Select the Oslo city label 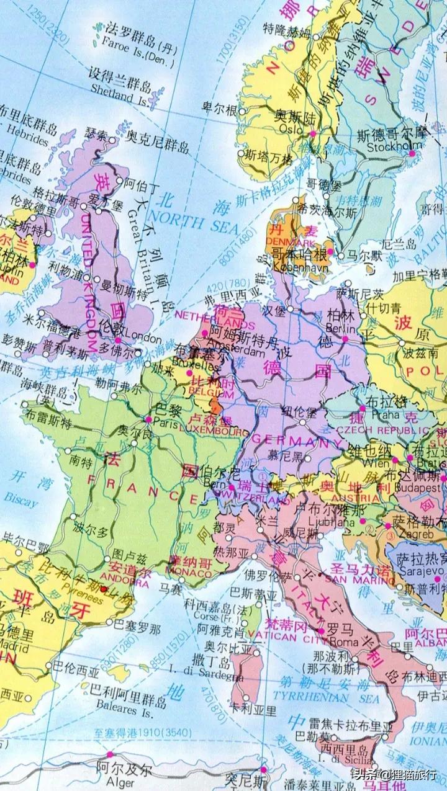pos(291,130)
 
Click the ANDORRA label pos(129,583)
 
